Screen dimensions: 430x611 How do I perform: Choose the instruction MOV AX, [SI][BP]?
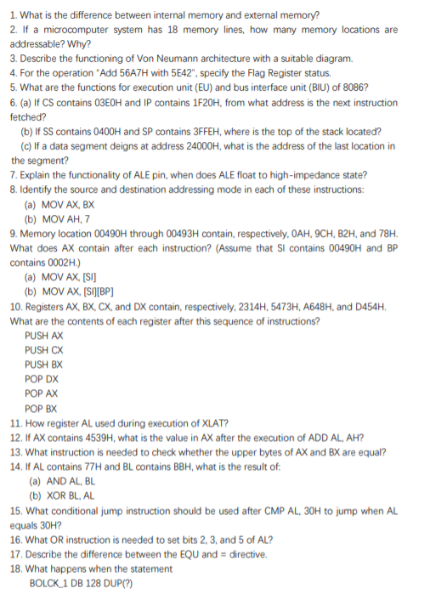click(78, 291)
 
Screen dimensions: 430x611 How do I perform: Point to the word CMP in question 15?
click(255, 511)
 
